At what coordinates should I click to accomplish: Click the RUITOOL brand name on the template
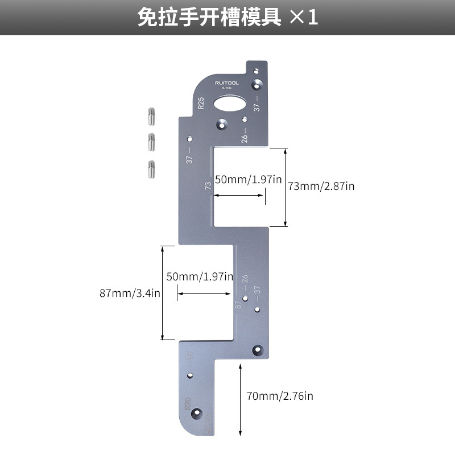[x=227, y=83]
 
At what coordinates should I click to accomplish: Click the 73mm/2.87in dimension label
[x=321, y=186]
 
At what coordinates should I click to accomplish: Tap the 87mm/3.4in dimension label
[x=130, y=293]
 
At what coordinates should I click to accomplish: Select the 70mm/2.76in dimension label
[x=280, y=396]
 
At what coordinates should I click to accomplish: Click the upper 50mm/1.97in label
[x=249, y=180]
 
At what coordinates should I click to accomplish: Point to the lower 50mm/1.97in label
[x=200, y=277]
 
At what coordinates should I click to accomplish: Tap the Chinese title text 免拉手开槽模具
[x=210, y=17]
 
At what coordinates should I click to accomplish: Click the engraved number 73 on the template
[x=208, y=185]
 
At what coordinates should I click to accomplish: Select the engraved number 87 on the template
[x=238, y=305]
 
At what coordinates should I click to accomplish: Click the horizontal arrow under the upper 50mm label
[x=239, y=196]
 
